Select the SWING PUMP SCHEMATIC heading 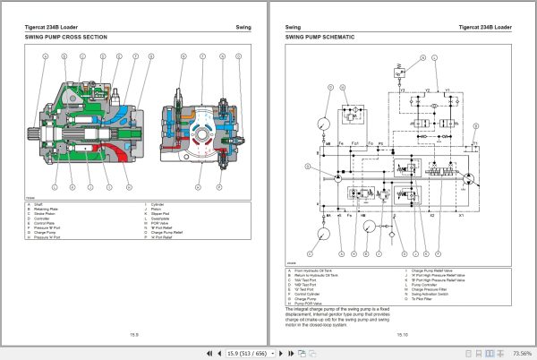319,38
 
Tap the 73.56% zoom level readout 521,353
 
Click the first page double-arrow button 200,353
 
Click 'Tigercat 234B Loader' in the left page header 57,27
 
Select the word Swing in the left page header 229,27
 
